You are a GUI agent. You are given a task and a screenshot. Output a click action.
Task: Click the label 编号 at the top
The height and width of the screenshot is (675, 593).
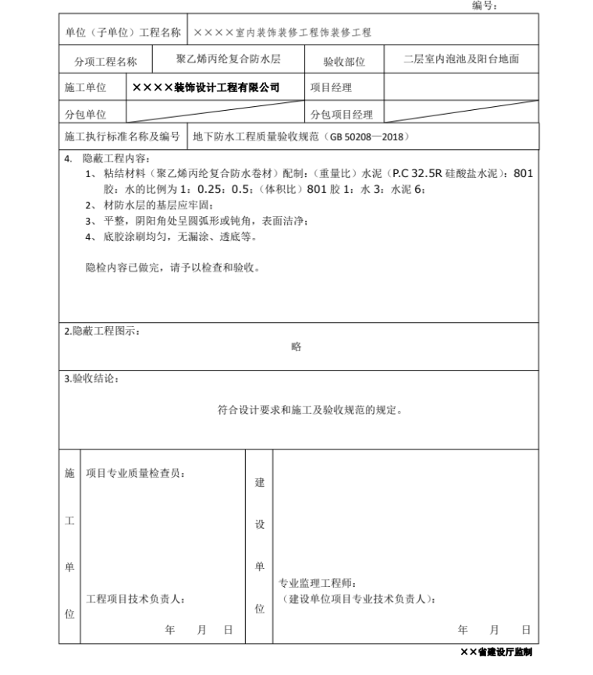tap(485, 6)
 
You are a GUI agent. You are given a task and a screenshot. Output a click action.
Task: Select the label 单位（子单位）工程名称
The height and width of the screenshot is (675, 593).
tap(123, 33)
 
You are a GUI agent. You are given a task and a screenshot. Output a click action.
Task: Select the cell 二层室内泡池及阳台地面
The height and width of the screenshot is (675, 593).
tap(461, 59)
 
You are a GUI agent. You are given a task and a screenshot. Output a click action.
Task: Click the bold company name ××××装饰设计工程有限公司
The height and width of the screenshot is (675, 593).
tap(206, 88)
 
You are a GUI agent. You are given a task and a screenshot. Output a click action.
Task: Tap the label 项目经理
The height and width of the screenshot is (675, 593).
tap(331, 88)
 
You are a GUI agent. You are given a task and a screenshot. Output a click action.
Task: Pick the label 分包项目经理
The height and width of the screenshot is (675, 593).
tap(342, 115)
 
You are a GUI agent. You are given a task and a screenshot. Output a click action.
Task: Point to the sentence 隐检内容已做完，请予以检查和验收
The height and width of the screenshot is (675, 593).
tap(172, 268)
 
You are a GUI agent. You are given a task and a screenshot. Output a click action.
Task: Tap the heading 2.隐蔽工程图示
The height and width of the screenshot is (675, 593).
tap(102, 331)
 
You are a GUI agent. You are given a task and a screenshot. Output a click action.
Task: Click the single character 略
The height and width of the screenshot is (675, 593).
tap(296, 346)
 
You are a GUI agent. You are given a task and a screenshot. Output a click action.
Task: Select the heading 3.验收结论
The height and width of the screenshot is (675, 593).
tap(91, 379)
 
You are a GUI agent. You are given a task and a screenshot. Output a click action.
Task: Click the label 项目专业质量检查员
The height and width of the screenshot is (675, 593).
tap(135, 473)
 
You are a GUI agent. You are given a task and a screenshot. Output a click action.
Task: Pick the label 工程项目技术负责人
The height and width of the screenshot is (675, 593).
tap(135, 599)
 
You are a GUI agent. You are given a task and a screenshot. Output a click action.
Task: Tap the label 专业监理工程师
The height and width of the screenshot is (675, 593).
tap(319, 583)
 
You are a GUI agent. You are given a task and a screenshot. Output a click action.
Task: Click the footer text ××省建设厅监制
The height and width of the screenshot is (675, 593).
tap(496, 652)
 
